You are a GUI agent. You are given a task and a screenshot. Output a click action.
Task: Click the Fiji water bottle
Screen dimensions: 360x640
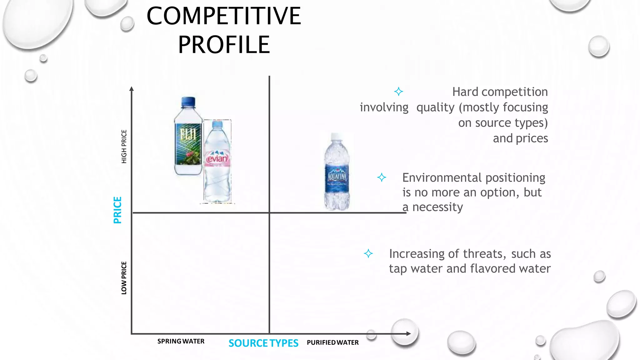coord(188,137)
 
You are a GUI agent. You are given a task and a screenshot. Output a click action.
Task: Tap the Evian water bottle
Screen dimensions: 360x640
coord(217,162)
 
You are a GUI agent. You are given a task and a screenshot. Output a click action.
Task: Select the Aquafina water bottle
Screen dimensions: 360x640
coord(337,173)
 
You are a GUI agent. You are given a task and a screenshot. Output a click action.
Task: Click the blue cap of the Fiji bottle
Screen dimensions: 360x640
coord(188,101)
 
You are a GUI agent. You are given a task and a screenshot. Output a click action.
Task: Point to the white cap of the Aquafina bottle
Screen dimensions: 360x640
coord(336,136)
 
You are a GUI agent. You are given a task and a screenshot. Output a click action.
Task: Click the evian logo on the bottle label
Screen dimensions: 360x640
coord(217,159)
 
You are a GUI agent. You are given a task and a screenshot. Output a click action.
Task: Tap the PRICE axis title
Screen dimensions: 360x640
coord(117,210)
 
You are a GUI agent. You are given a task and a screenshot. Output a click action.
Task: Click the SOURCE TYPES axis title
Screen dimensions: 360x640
coord(263,343)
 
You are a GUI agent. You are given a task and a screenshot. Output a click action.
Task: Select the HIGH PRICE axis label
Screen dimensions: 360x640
coord(124,147)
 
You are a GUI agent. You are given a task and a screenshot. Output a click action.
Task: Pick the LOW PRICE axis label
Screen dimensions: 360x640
coord(124,278)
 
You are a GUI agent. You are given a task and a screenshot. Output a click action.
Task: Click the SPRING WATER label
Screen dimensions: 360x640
coord(181,341)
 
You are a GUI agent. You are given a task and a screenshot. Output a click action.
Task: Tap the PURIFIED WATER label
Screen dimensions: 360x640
coord(333,342)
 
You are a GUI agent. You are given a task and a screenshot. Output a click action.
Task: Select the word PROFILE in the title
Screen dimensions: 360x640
coord(224,45)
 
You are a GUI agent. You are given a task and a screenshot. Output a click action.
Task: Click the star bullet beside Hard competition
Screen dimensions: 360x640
coord(398,92)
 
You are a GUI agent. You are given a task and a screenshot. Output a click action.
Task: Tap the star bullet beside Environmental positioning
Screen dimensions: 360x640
coord(382,177)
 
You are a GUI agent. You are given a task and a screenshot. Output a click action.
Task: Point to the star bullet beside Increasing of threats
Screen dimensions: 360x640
coord(368,253)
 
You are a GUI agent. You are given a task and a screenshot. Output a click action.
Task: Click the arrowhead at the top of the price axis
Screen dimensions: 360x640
coord(132,89)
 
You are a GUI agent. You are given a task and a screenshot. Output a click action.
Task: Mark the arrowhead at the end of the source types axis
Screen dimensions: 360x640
coord(408,334)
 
